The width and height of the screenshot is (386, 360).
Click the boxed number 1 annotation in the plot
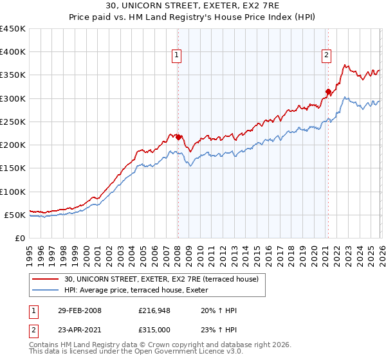[176, 56]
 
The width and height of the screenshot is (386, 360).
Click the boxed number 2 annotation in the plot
[327, 56]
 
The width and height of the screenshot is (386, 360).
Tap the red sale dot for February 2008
[178, 137]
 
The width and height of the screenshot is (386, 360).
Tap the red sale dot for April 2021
[328, 91]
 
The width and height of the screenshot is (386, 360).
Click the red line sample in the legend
[46, 279]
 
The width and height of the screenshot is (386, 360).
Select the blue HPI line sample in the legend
[46, 290]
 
